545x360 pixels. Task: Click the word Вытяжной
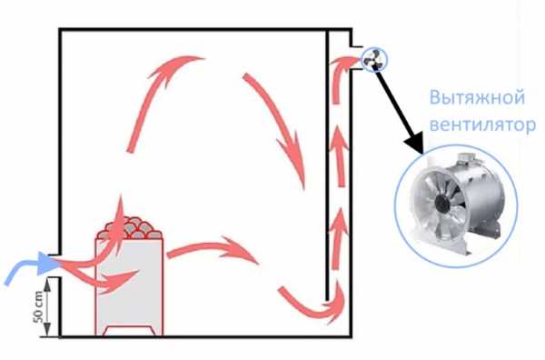477,98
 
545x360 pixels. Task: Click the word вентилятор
482,125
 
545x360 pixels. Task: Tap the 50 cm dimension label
39,306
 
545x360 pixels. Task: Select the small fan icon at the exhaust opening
373,59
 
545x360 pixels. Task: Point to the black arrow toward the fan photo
400,111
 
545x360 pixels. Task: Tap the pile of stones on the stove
129,228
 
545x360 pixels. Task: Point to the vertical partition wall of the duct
327,165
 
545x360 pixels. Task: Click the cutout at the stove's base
129,331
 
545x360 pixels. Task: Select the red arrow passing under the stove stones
101,278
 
